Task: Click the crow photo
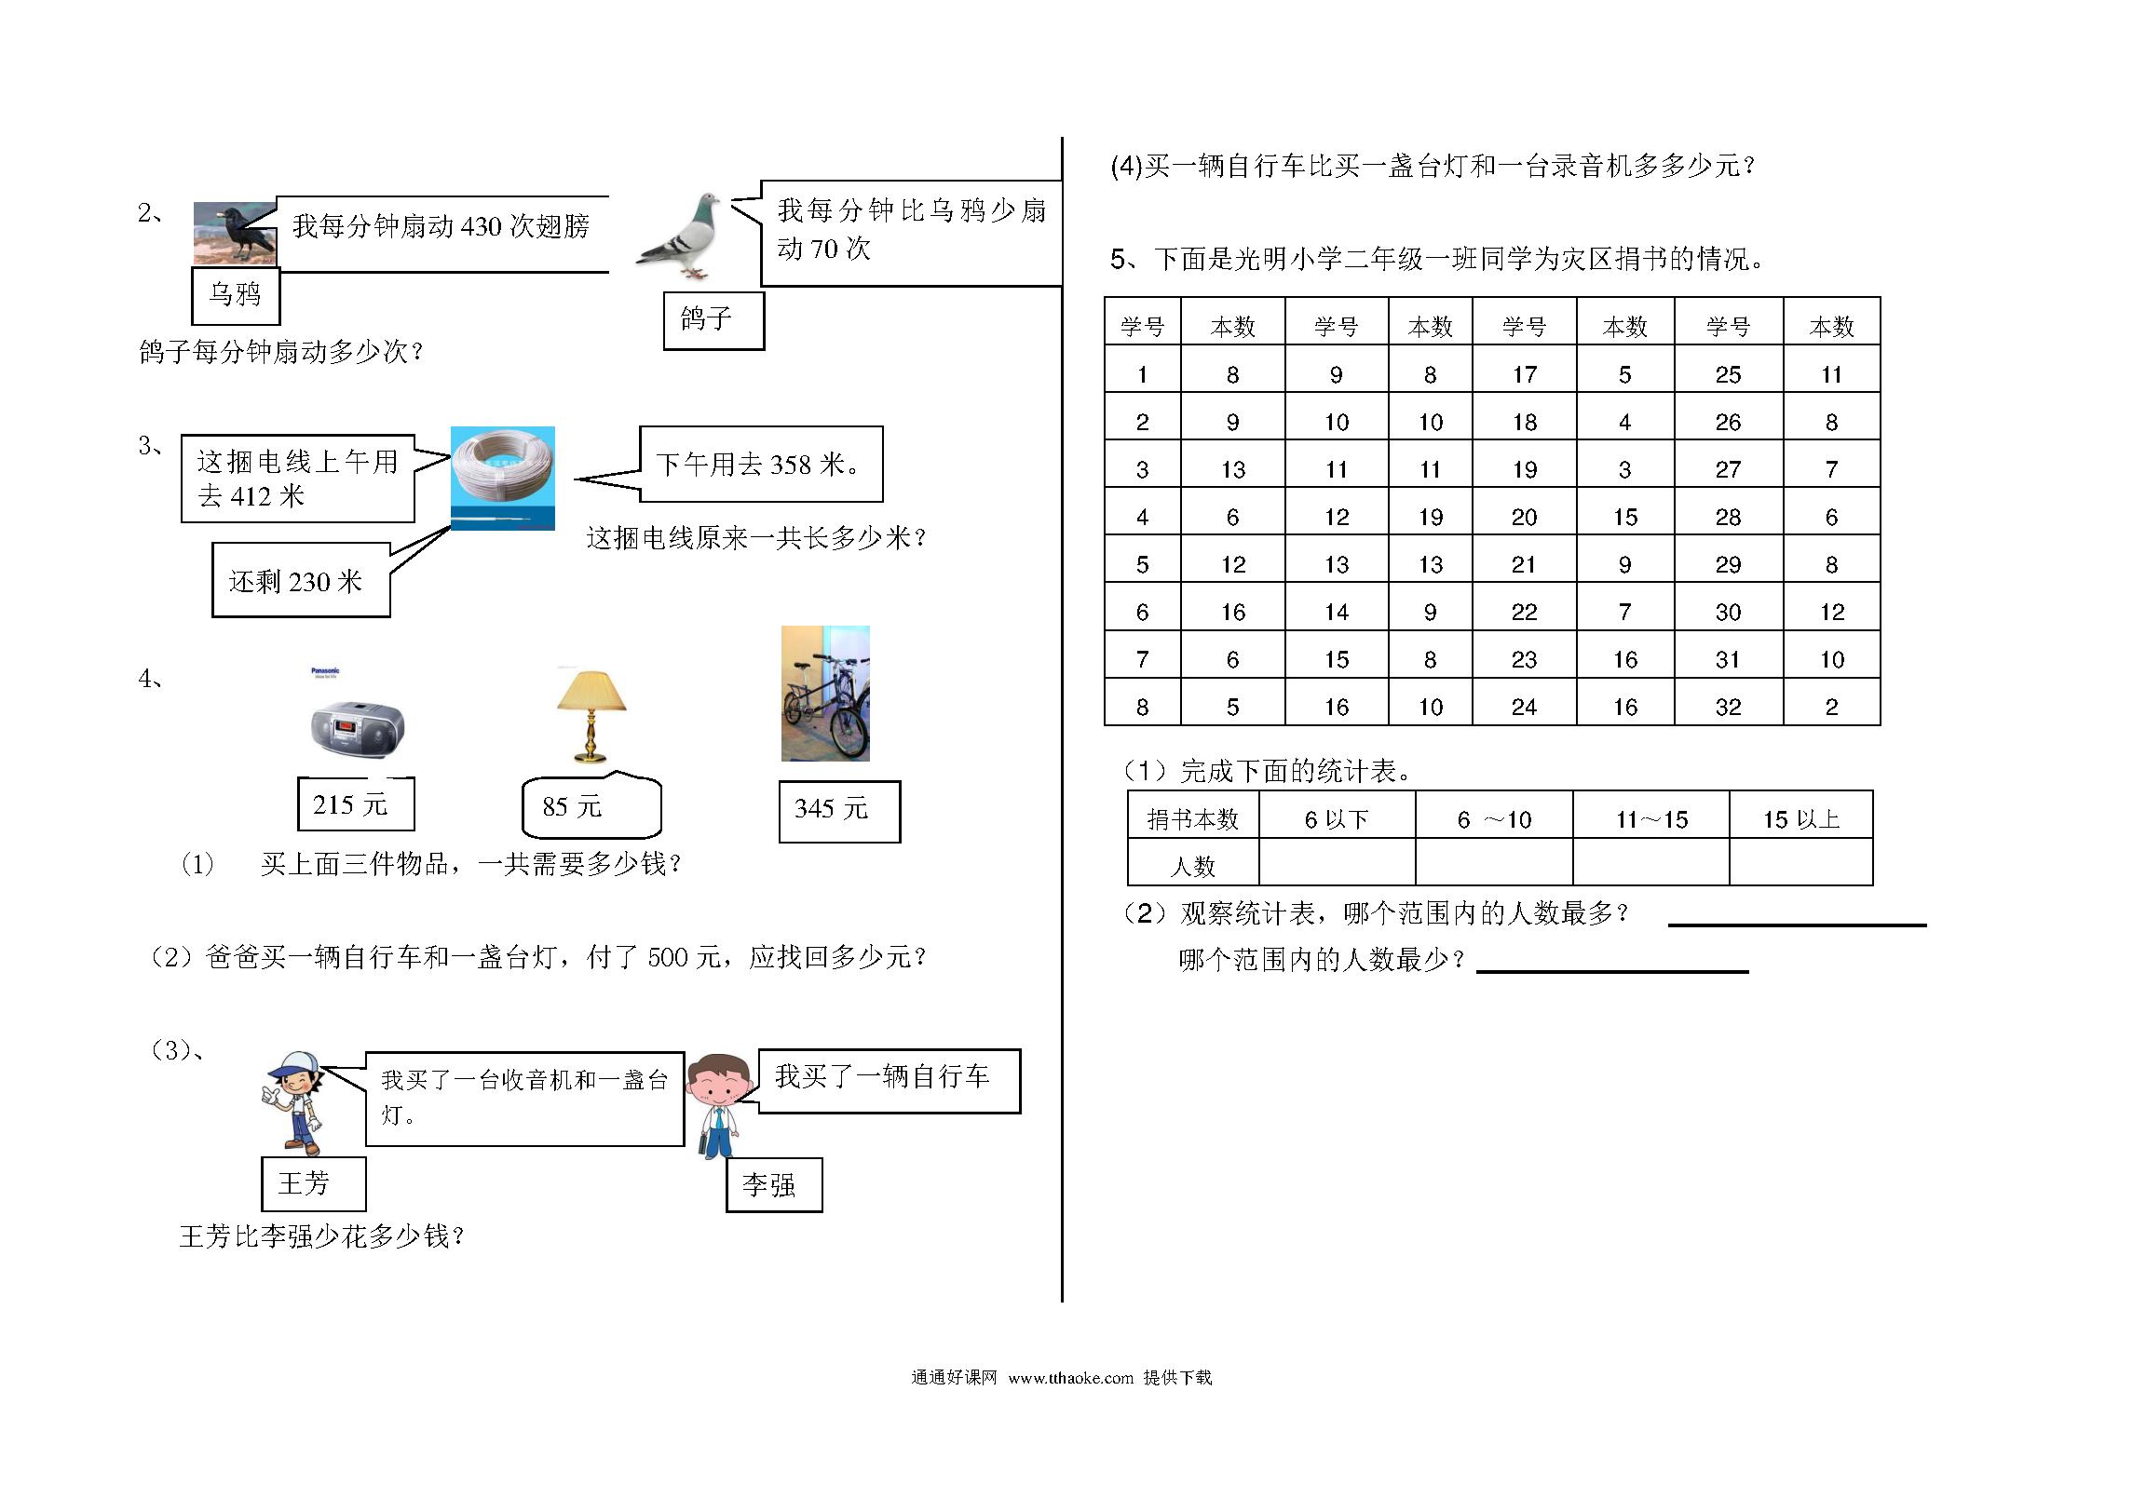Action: point(235,234)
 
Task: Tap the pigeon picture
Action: point(679,236)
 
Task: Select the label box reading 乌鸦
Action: point(236,295)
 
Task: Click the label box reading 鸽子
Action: point(713,320)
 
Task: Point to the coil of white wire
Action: point(503,479)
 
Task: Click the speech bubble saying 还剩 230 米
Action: point(301,580)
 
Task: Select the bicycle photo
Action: point(825,694)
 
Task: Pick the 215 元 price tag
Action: point(356,803)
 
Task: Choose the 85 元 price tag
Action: point(591,806)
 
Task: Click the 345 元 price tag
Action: point(839,811)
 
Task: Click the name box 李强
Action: point(774,1184)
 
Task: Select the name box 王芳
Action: point(313,1183)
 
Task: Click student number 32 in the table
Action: point(1728,707)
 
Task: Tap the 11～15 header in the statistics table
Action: point(1651,819)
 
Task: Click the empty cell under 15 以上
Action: point(1800,861)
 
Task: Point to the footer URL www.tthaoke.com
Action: point(1070,1378)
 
